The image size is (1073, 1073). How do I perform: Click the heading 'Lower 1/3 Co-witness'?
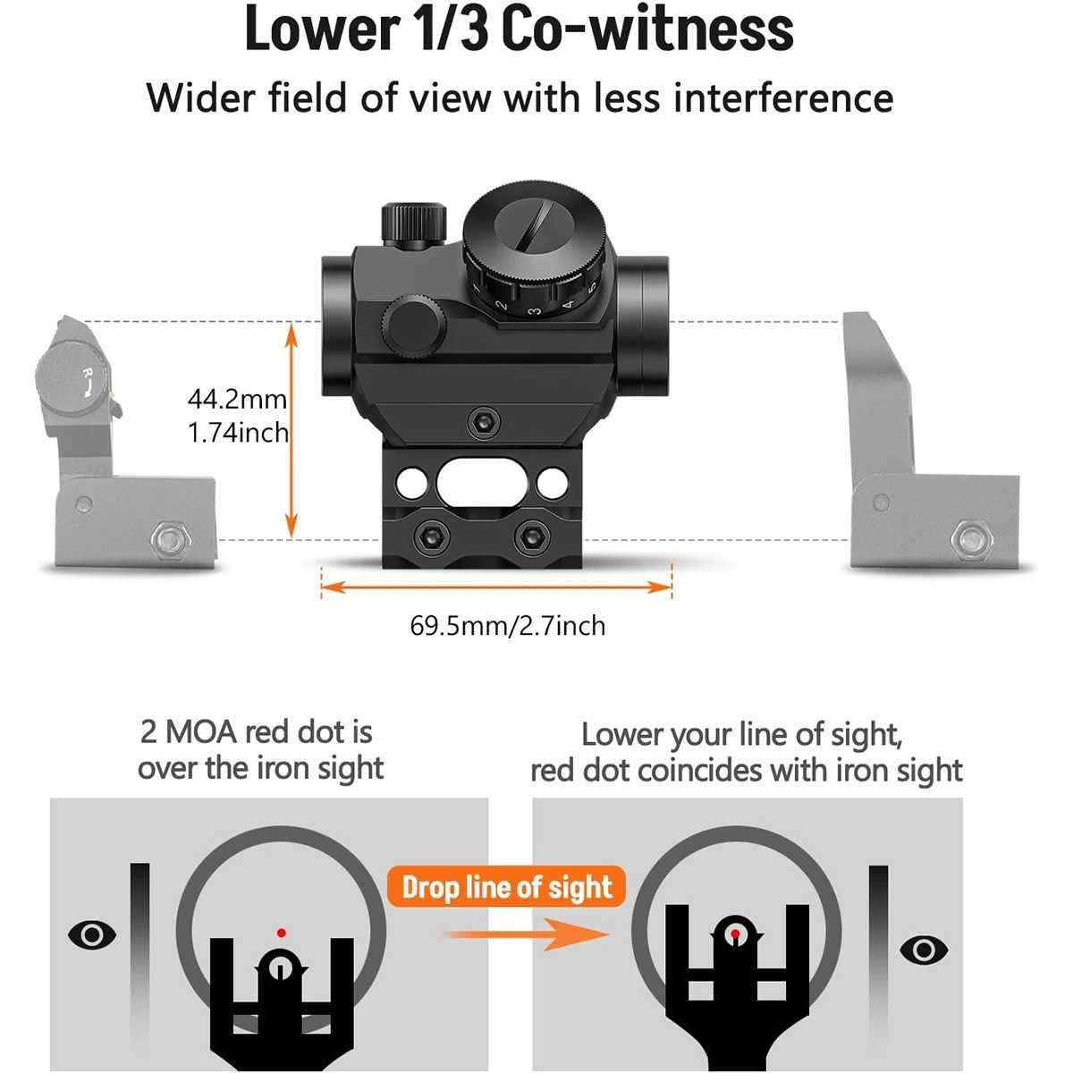point(519,29)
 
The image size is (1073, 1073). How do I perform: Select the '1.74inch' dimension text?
point(238,433)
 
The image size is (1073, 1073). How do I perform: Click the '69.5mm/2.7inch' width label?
point(507,625)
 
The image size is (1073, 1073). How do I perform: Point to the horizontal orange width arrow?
point(496,587)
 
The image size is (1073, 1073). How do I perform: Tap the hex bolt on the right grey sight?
point(968,538)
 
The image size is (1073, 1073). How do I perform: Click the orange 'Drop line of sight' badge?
point(507,887)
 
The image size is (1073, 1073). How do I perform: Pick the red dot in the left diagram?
point(281,932)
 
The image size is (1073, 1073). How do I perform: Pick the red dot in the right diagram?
point(734,934)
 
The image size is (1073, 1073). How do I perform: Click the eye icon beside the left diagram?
point(93,935)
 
